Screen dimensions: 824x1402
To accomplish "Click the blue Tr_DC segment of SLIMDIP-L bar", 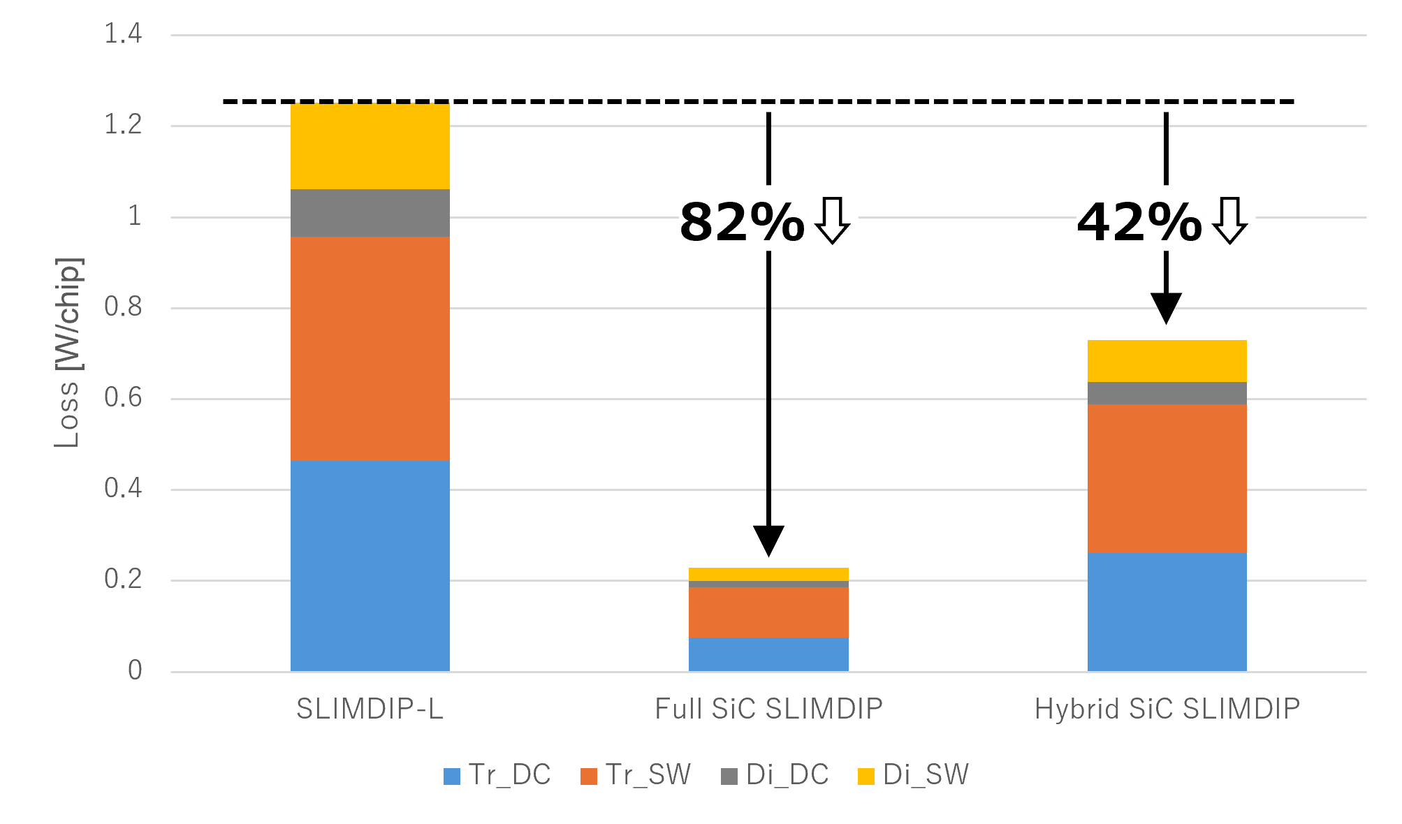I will [370, 566].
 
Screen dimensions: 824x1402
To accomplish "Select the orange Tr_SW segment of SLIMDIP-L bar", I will [370, 348].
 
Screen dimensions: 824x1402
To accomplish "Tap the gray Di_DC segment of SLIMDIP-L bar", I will [370, 213].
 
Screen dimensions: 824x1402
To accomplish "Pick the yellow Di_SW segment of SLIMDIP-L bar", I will [370, 146].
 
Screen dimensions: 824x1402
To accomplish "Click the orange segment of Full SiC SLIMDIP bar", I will [768, 612].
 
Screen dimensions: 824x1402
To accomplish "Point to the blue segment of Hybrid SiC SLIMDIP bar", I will [1167, 612].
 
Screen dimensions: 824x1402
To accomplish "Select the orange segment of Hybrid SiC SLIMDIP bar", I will [1167, 478].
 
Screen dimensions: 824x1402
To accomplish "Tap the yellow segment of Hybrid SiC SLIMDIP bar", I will [1167, 361].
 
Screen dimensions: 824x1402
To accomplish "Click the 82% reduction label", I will [742, 223].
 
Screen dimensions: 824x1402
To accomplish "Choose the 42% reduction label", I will [1139, 223].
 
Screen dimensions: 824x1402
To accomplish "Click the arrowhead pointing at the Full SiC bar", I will [768, 541].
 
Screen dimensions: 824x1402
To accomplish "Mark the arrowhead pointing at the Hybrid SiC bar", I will [1166, 308].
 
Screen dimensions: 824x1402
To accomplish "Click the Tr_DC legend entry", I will [497, 775].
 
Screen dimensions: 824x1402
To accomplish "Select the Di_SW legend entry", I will [913, 775].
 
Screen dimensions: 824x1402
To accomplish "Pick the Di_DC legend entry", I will [775, 775].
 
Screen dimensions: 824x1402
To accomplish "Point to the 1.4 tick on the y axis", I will [123, 34].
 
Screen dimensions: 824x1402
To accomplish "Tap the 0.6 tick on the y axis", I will [123, 398].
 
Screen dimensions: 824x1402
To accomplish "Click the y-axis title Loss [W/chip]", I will [68, 353].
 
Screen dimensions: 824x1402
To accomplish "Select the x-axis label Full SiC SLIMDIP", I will [768, 709].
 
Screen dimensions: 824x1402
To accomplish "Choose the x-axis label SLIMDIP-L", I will [370, 709].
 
